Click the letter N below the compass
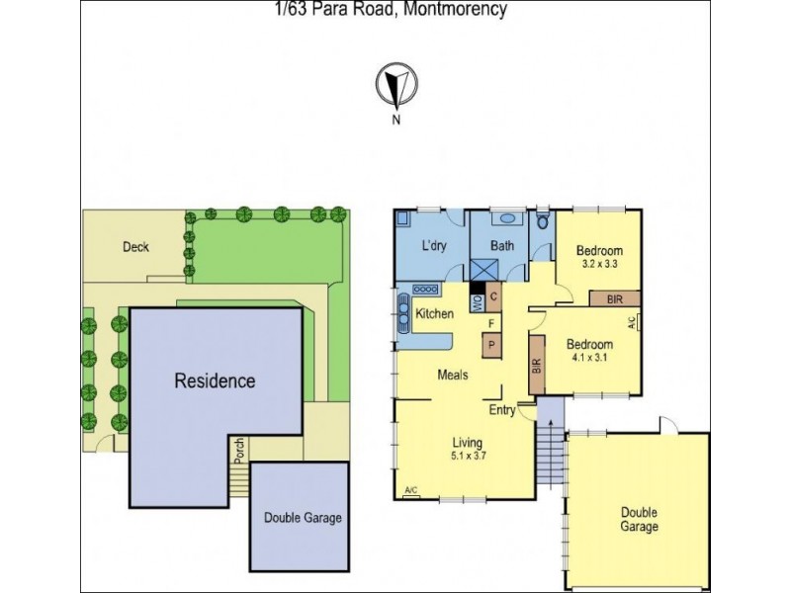(x=395, y=121)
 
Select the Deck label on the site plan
(x=135, y=247)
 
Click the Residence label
(x=215, y=381)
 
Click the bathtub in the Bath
(x=506, y=220)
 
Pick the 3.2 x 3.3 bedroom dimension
(x=600, y=265)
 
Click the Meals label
(x=453, y=376)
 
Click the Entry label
(x=502, y=410)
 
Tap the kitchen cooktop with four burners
(x=426, y=290)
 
